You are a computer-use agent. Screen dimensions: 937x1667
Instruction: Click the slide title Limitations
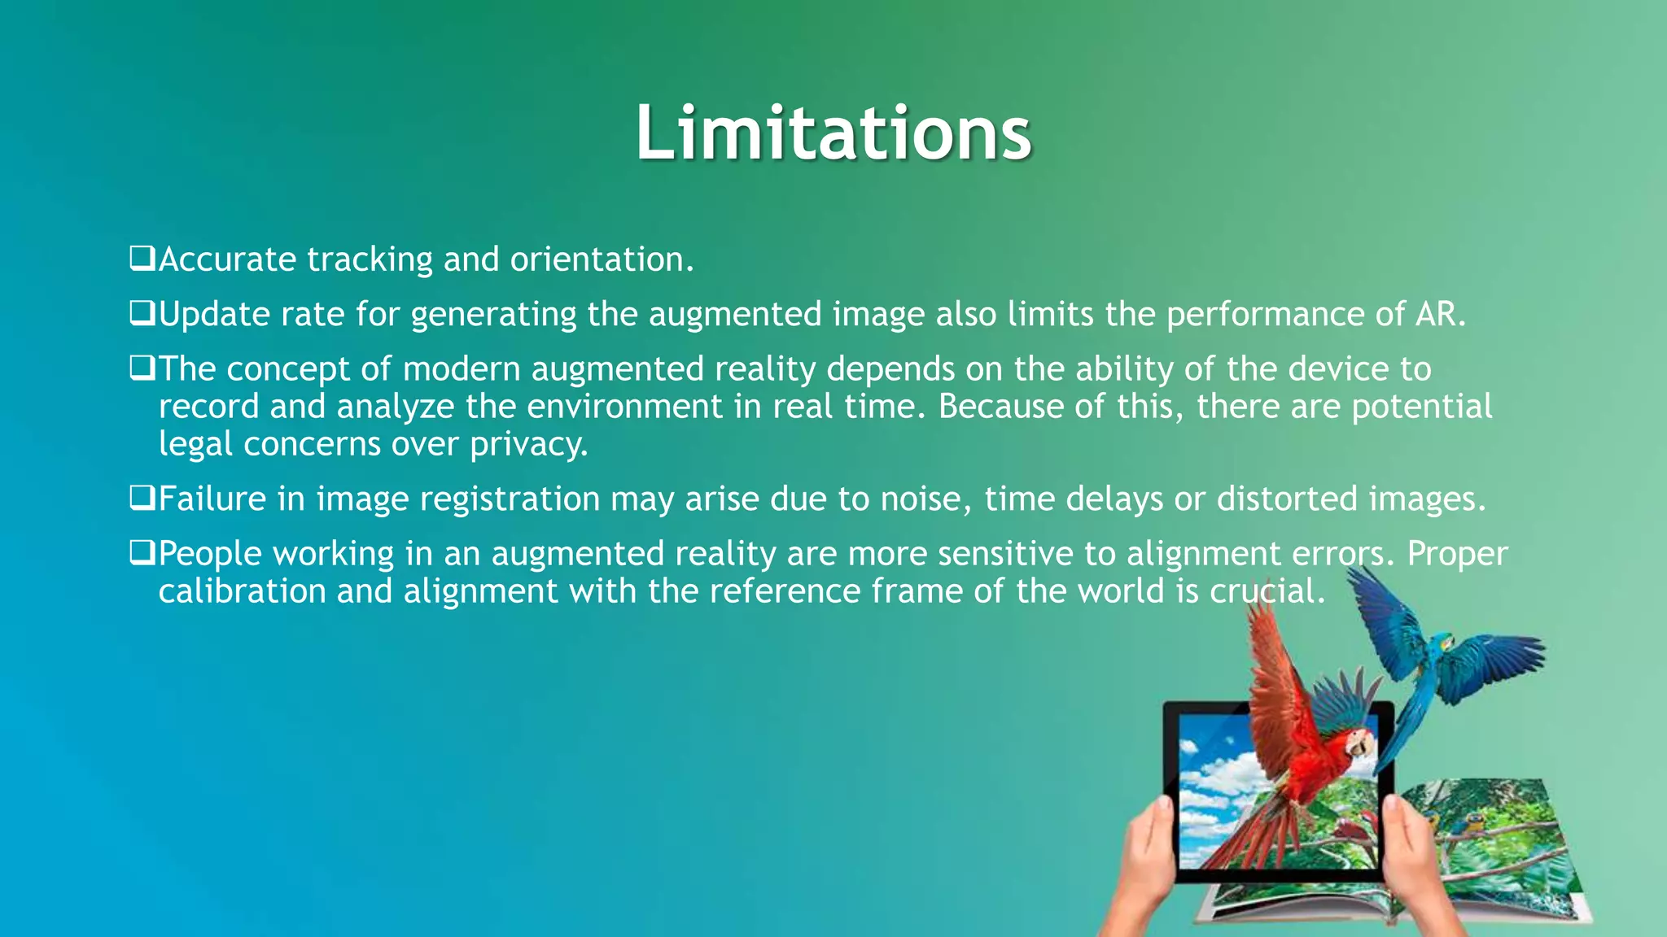pos(833,133)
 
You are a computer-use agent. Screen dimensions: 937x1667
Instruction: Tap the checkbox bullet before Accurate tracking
pos(142,259)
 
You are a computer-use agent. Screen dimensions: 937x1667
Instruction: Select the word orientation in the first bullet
pos(600,259)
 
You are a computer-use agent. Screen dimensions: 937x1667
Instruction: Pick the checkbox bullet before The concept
pos(142,369)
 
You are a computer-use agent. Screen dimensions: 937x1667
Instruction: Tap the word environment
pos(624,407)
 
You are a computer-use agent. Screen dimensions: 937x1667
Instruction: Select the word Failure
pos(212,499)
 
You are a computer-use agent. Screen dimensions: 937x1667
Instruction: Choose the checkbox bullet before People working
pos(142,554)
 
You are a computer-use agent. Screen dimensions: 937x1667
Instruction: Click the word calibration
pos(242,591)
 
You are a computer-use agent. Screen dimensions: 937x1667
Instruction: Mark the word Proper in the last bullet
pos(1457,554)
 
